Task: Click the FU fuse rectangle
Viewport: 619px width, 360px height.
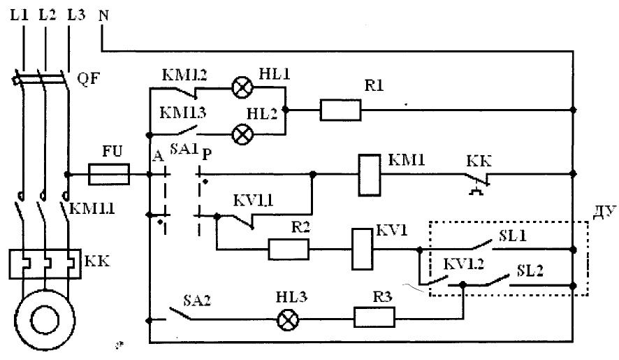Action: pos(109,174)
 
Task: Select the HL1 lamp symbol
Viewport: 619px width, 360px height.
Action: pos(242,87)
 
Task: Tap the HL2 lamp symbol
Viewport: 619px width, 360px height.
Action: pos(242,134)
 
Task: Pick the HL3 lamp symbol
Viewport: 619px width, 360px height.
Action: pos(288,319)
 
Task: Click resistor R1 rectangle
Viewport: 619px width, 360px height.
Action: pos(340,110)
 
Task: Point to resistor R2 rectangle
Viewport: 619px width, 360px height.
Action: pos(289,249)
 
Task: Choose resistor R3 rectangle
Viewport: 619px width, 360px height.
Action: pos(374,317)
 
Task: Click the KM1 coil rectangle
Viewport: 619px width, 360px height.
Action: pos(370,175)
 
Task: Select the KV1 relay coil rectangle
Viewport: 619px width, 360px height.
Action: pos(363,249)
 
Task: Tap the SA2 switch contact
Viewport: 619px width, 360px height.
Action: pos(180,313)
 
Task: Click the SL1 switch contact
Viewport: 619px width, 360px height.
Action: pos(482,245)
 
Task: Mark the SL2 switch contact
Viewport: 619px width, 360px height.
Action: pos(497,280)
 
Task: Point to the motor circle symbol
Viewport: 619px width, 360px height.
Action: pos(45,320)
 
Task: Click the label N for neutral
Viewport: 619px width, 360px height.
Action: pos(103,15)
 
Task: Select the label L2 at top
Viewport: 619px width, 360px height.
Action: pos(48,15)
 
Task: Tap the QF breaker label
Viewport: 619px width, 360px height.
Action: pos(88,78)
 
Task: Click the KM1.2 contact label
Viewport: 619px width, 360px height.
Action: pos(184,75)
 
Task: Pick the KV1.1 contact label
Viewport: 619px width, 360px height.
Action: pos(253,201)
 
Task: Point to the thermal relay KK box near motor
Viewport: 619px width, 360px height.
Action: pos(45,264)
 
